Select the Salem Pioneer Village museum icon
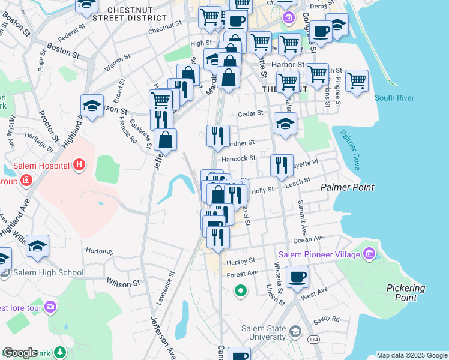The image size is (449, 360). [x=369, y=254]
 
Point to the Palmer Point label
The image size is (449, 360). [x=347, y=187]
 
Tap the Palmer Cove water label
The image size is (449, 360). [x=349, y=150]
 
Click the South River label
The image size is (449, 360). [x=393, y=98]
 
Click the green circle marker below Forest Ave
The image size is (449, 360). [x=240, y=291]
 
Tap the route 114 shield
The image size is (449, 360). [x=313, y=340]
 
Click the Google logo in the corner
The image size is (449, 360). [x=20, y=353]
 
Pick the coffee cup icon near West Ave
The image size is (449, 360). [x=297, y=277]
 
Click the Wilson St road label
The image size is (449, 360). [x=122, y=281]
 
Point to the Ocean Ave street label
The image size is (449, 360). [x=309, y=239]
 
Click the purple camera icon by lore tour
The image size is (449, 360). [x=50, y=307]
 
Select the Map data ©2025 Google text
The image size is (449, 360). [x=411, y=355]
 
